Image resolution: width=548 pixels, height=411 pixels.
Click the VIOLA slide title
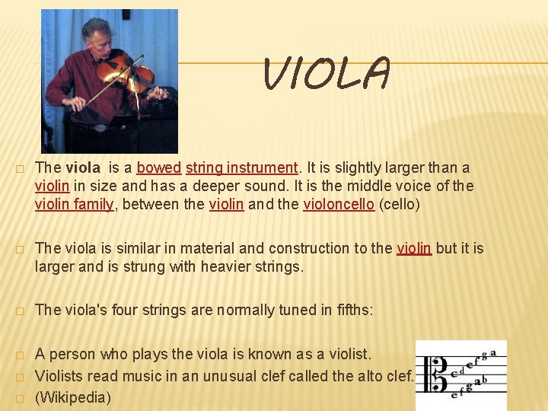click(327, 75)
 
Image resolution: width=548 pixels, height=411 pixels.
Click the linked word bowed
click(158, 167)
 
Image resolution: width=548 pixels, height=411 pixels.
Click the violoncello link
click(338, 205)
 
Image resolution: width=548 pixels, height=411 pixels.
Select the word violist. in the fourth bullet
click(346, 354)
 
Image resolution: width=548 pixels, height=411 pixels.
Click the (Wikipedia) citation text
click(73, 397)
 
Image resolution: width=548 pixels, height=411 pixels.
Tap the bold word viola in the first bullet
click(83, 167)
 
